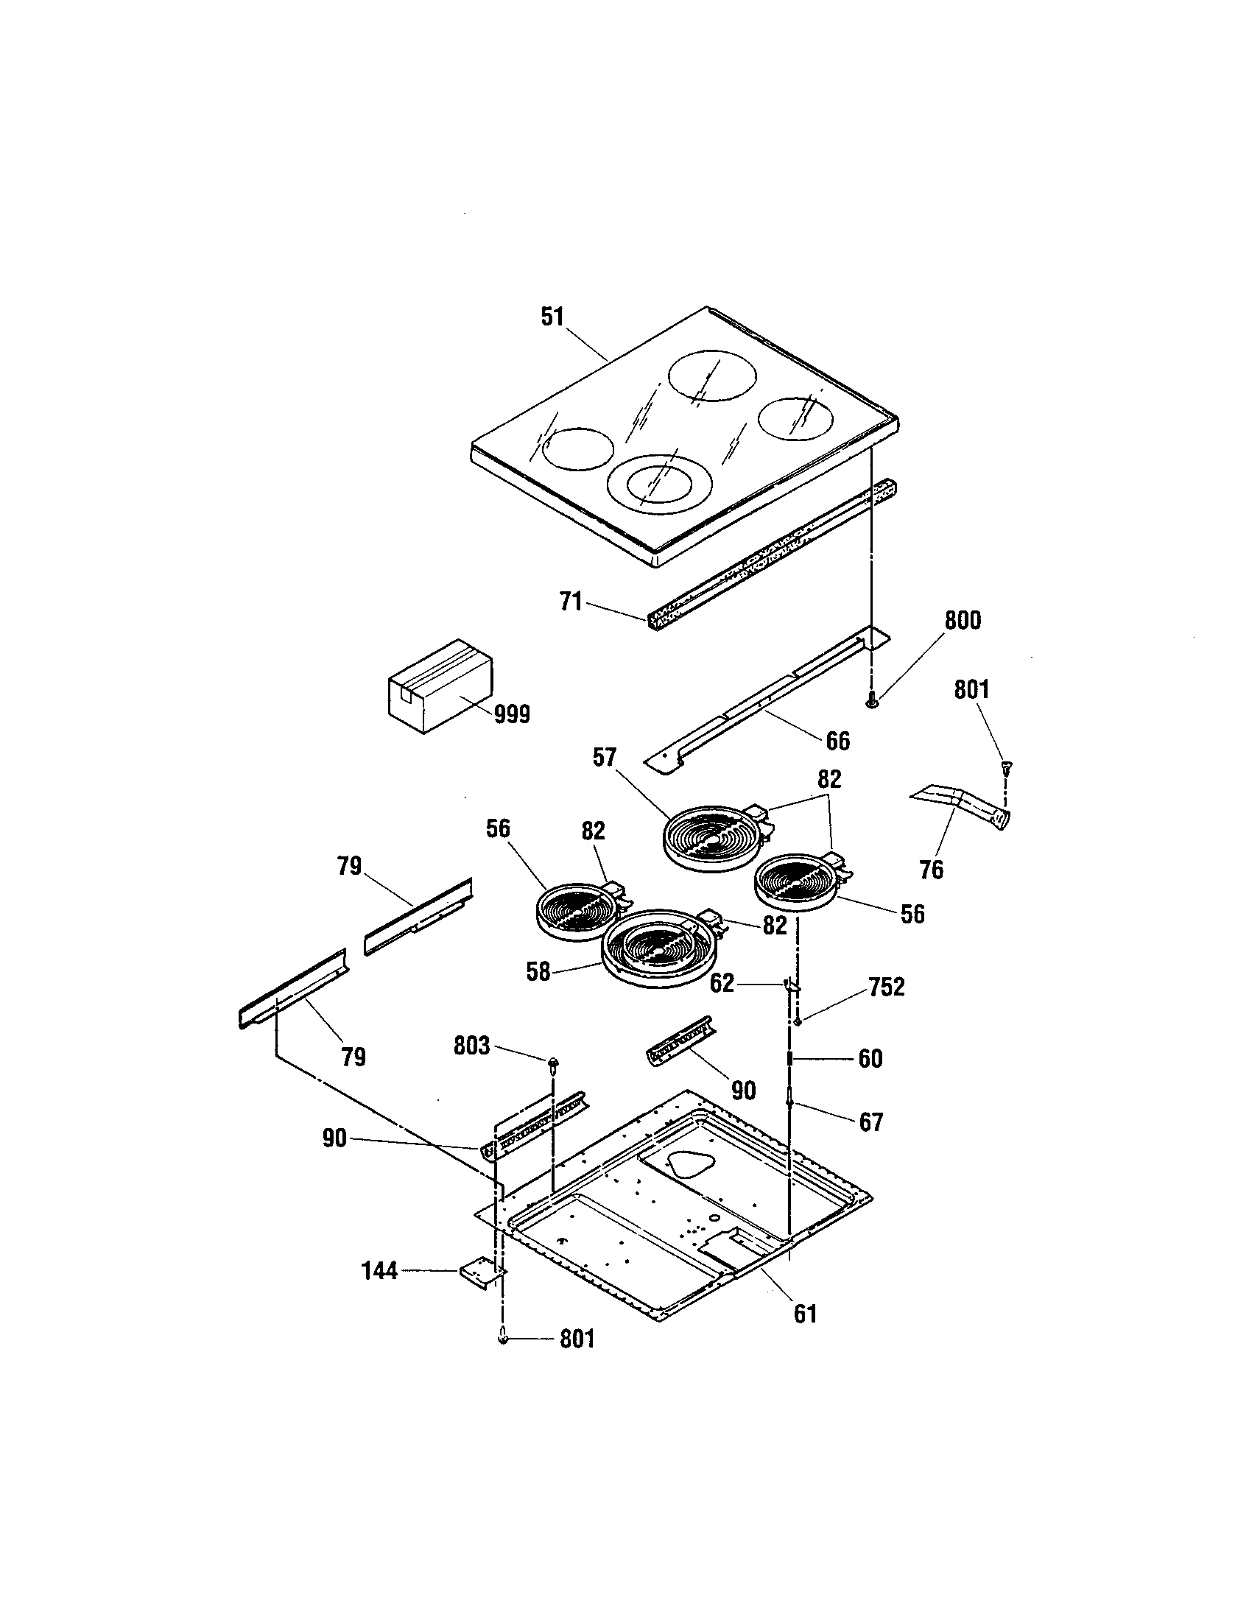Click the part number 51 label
pos(552,317)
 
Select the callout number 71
pos(570,602)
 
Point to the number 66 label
pos(837,740)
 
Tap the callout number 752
pos(887,987)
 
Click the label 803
pos(473,1046)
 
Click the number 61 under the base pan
pos(805,1314)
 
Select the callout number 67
pos(870,1123)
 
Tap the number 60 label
pos(870,1058)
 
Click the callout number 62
pos(722,984)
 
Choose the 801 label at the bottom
pos(577,1339)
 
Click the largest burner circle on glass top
pos(714,378)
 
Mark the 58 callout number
pos(538,972)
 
